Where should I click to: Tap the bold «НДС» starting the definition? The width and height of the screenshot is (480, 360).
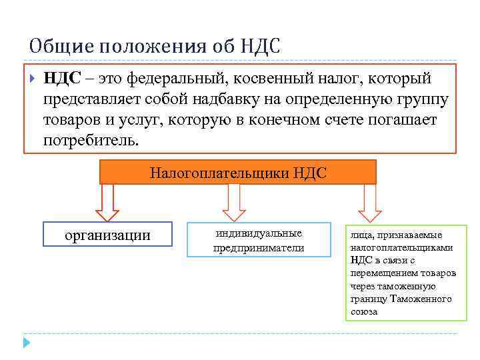click(62, 79)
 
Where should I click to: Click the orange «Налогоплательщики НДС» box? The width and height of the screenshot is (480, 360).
click(238, 173)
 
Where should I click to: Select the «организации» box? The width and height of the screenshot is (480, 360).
click(107, 235)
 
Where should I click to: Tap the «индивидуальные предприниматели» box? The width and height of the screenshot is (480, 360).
click(259, 240)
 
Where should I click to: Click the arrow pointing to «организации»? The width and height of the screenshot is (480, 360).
click(107, 203)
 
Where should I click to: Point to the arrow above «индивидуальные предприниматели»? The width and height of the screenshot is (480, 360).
click(233, 203)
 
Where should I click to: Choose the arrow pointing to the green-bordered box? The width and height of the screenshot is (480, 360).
click(369, 203)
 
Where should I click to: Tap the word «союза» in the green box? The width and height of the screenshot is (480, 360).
click(364, 311)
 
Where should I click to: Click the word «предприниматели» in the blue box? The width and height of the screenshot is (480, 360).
click(259, 248)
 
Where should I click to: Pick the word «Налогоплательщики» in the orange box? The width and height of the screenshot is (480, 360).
click(219, 173)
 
